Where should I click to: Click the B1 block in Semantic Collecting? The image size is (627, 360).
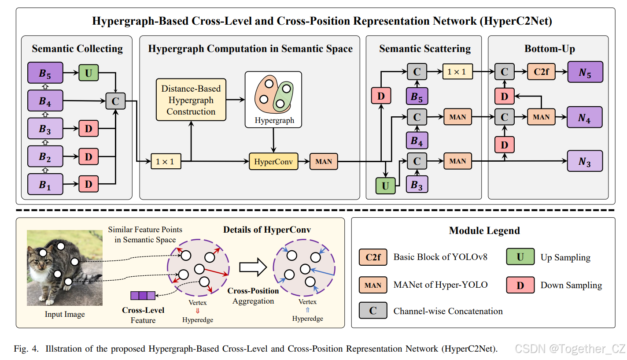[x=45, y=184]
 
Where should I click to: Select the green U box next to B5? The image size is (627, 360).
[x=89, y=73]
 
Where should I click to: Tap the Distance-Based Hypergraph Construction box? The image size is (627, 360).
[x=191, y=100]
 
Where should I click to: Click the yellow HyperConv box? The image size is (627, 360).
[x=273, y=161]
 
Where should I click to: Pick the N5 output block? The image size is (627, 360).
[x=585, y=72]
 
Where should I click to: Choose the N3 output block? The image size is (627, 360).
[x=585, y=161]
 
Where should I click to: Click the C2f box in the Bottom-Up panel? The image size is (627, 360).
[x=541, y=72]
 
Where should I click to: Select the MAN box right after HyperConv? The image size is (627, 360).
[x=324, y=161]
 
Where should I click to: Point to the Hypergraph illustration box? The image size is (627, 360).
[x=273, y=100]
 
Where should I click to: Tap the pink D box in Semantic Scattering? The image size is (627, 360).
[x=381, y=96]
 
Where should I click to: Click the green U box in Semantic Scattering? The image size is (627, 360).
[x=385, y=186]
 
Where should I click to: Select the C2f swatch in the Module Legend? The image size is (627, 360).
[x=373, y=257]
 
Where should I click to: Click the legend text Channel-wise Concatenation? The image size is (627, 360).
[x=448, y=311]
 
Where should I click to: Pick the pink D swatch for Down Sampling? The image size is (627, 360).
[x=520, y=285]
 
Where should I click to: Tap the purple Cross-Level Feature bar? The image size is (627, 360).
[x=143, y=295]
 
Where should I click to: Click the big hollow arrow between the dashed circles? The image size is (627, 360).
[x=253, y=267]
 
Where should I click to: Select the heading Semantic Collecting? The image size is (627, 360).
[x=77, y=48]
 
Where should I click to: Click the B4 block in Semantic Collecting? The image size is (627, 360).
[x=45, y=100]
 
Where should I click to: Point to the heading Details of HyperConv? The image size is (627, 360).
[x=267, y=230]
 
